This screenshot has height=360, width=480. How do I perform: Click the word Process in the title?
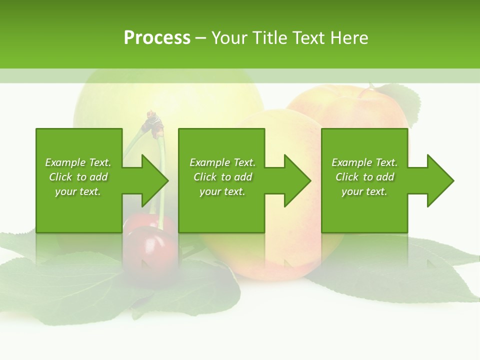pyautogui.click(x=157, y=38)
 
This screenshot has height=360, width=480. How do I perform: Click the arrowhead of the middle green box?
pyautogui.click(x=296, y=180)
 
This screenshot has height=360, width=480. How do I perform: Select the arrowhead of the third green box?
pyautogui.click(x=439, y=180)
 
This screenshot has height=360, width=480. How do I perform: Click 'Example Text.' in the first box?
pyautogui.click(x=78, y=162)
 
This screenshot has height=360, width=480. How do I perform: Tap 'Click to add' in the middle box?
pyautogui.click(x=222, y=177)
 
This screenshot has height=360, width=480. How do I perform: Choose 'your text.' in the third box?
pyautogui.click(x=364, y=191)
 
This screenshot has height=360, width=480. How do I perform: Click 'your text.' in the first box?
pyautogui.click(x=78, y=191)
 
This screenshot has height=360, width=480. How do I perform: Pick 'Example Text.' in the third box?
pyautogui.click(x=364, y=162)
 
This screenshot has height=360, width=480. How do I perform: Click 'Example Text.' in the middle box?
pyautogui.click(x=222, y=162)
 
